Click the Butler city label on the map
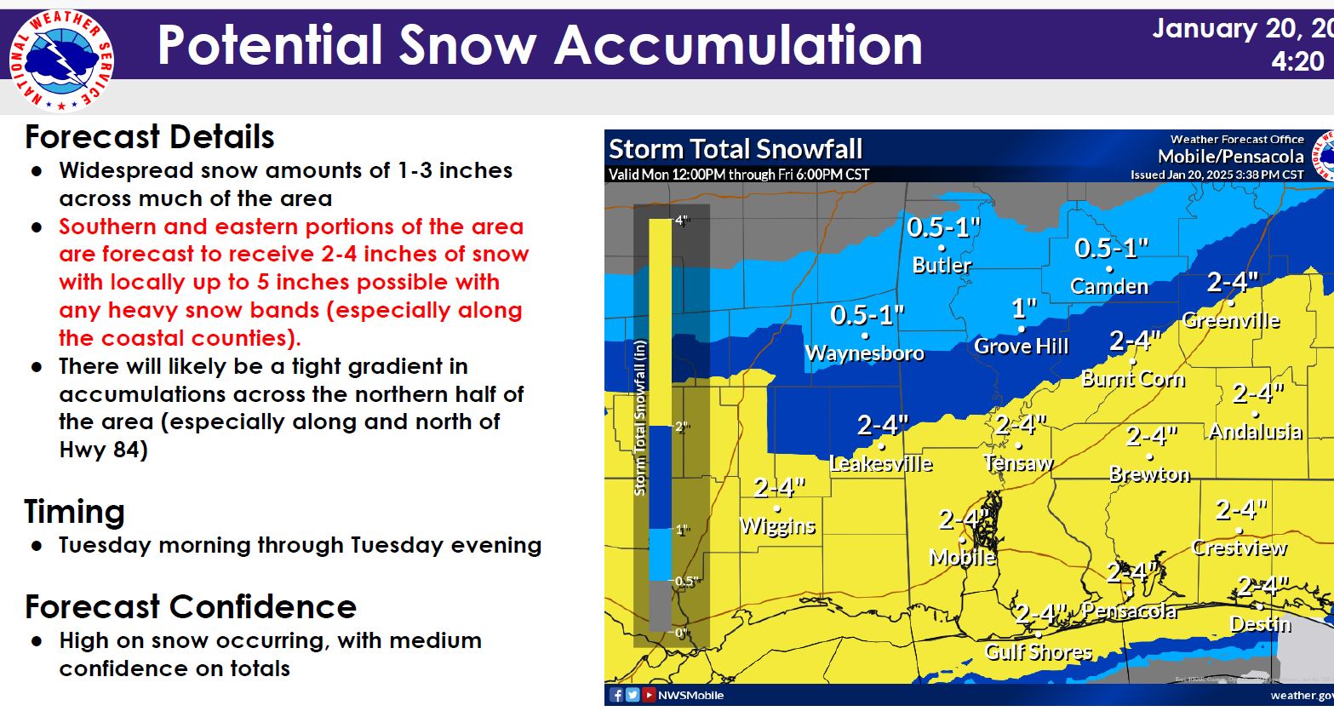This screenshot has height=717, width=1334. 942,265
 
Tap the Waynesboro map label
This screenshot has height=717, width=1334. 865,353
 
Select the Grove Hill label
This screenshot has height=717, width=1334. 1022,346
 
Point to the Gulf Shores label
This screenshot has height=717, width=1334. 1039,652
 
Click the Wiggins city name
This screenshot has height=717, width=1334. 777,526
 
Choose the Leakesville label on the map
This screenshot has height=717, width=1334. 881,463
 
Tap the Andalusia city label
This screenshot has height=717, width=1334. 1256,431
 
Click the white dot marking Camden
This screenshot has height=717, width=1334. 1109,269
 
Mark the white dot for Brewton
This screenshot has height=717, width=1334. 1149,457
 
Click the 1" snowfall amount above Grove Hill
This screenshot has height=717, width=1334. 1024,308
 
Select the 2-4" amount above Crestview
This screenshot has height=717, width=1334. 1240,510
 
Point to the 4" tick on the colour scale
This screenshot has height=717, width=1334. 682,221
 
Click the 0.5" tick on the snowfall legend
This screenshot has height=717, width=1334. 684,581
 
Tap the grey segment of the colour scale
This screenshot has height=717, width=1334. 660,605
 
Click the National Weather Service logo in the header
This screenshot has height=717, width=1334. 61,61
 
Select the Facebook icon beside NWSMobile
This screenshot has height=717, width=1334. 616,695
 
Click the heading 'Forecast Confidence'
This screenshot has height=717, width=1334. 191,607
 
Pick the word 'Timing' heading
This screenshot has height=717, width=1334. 74,511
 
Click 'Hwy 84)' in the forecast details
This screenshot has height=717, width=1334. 104,450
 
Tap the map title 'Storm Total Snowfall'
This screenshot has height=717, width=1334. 736,149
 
